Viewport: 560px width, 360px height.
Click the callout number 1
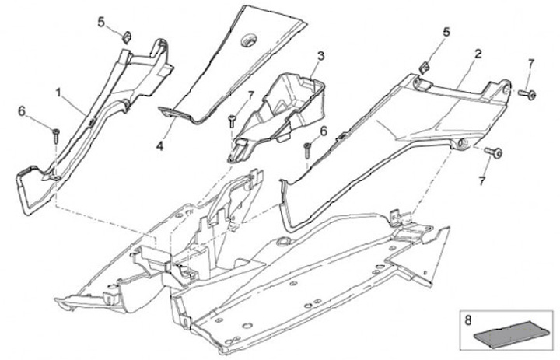click(x=58, y=92)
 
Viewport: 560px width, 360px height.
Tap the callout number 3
click(x=320, y=56)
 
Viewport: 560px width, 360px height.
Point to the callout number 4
click(x=159, y=144)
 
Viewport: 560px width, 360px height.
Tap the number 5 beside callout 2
click(x=446, y=33)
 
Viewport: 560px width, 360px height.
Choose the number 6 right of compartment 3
click(x=323, y=131)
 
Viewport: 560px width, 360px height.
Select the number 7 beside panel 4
click(x=250, y=95)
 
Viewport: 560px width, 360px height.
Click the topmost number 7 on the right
click(x=531, y=62)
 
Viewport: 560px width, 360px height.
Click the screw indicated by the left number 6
click(x=56, y=135)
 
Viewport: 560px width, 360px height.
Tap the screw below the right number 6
click(x=309, y=148)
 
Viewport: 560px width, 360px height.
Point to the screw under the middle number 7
click(x=233, y=117)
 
